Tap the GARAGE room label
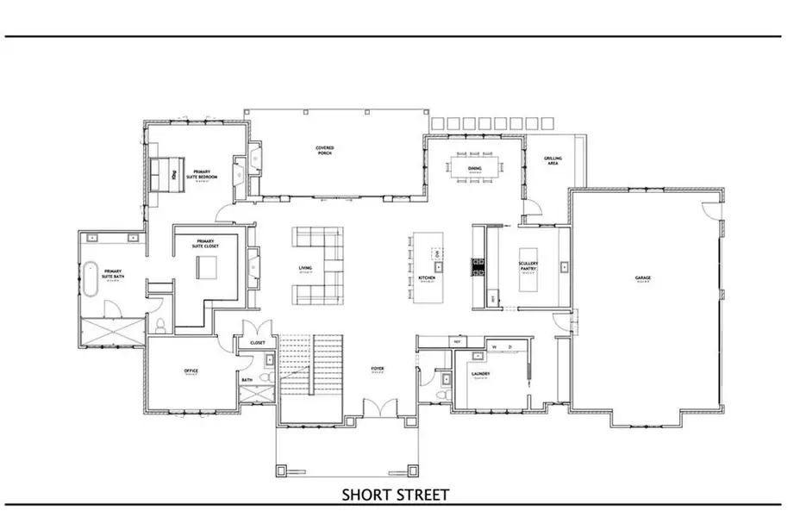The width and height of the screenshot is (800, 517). click(x=643, y=278)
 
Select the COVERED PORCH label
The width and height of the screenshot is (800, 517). click(x=324, y=151)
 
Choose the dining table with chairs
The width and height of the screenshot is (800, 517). click(x=474, y=168)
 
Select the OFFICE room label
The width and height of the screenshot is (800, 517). click(x=191, y=371)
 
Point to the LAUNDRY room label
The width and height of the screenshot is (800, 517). click(x=481, y=374)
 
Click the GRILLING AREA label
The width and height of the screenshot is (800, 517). click(x=552, y=161)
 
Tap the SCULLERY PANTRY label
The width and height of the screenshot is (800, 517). click(x=528, y=267)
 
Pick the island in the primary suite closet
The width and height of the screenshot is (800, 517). click(x=208, y=268)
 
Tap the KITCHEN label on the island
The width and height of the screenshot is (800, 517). click(x=426, y=278)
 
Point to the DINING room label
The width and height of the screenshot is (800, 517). click(x=475, y=147)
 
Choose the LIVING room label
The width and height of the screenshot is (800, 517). click(x=305, y=268)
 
